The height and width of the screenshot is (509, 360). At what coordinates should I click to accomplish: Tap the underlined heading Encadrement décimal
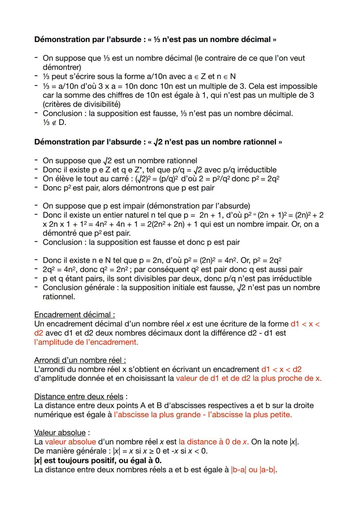pos(74,315)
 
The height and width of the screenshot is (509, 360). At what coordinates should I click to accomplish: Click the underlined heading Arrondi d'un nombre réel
pos(80,360)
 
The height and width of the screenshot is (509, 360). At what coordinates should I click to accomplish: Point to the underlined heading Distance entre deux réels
pos(79,397)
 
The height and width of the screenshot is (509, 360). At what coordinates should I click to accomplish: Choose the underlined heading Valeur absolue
pos(60,433)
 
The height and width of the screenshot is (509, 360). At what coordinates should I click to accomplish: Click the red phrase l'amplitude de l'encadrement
pos(86,342)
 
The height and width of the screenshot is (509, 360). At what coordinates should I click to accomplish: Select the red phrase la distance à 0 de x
pos(213,442)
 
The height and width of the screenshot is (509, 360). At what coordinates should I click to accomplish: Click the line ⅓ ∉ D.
pos(55,123)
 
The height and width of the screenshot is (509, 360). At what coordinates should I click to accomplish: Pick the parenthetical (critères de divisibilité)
pos(82,104)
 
